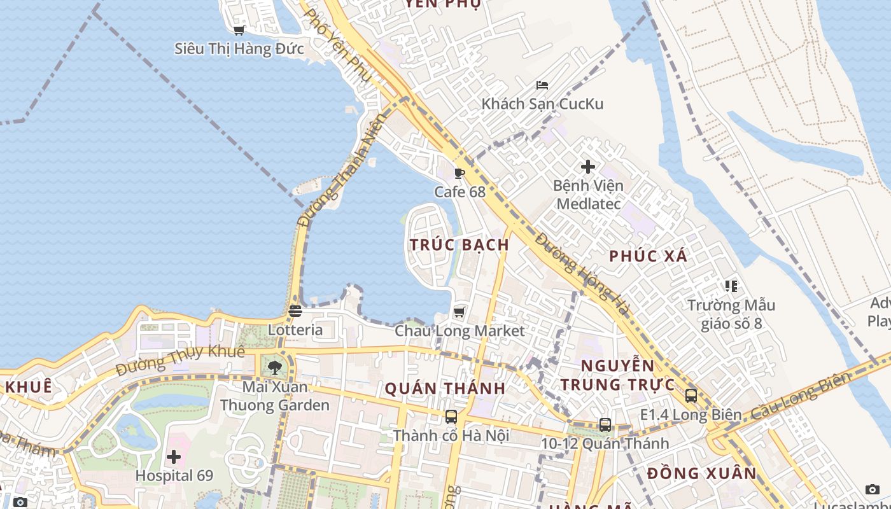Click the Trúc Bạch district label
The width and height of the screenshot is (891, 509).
pos(460,245)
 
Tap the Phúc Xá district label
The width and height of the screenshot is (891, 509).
pos(649,256)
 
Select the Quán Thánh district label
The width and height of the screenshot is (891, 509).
pos(445,388)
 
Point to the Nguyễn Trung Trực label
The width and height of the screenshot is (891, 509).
pos(617,375)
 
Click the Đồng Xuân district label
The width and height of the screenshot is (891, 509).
pos(702,473)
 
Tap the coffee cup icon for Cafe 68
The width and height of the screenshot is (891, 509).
pos(460,173)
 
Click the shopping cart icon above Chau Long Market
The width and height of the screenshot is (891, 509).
pos(459,312)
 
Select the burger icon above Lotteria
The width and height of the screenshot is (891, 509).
pos(295,311)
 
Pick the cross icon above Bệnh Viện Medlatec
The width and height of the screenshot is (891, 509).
pos(588,167)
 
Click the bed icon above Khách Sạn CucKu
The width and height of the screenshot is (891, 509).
pos(542,85)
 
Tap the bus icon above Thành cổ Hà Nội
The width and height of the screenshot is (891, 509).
pos(451,417)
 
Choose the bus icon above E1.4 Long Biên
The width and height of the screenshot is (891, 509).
pos(691,396)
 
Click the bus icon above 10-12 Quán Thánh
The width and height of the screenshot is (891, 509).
pos(605,424)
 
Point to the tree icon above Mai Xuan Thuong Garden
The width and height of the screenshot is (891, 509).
pos(275,367)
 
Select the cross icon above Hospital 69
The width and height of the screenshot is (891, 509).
pos(174,457)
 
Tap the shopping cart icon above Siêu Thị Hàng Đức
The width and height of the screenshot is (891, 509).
pos(239,30)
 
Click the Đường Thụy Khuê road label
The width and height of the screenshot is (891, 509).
pos(180,360)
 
